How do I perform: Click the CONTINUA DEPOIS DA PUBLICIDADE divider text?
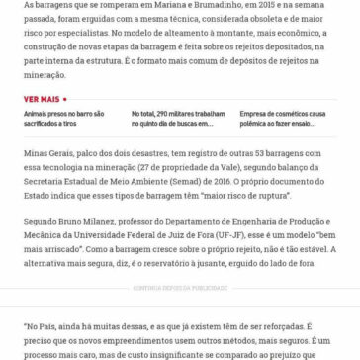pyautogui.click(x=180, y=248)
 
